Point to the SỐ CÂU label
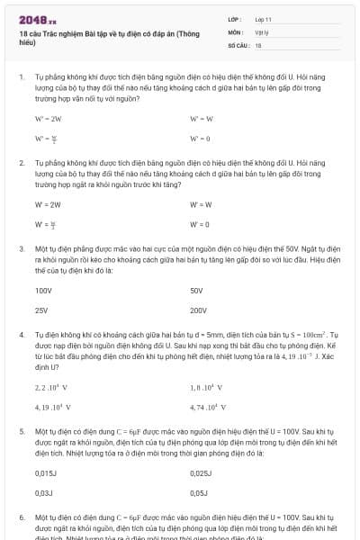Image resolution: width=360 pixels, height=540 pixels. pyautogui.click(x=238, y=44)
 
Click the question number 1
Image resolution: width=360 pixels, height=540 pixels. pyautogui.click(x=21, y=78)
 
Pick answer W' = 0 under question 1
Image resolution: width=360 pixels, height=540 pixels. pyautogui.click(x=200, y=139)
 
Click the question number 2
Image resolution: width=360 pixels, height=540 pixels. pyautogui.click(x=21, y=164)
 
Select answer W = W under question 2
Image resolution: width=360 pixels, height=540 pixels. pyautogui.click(x=200, y=204)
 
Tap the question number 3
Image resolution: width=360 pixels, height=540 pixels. pyautogui.click(x=21, y=247)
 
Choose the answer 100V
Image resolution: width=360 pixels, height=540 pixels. pyautogui.click(x=43, y=291)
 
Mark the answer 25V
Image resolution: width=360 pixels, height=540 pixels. pyautogui.click(x=41, y=310)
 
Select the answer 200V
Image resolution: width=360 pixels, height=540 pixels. pyautogui.click(x=198, y=310)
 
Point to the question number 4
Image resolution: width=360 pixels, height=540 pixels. pyautogui.click(x=21, y=334)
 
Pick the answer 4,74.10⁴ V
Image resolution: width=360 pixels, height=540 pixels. pyautogui.click(x=206, y=407)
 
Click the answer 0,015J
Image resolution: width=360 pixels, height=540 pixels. pyautogui.click(x=46, y=472)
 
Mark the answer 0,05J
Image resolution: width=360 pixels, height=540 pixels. pyautogui.click(x=200, y=493)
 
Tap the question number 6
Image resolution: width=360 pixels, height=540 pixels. pyautogui.click(x=21, y=519)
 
